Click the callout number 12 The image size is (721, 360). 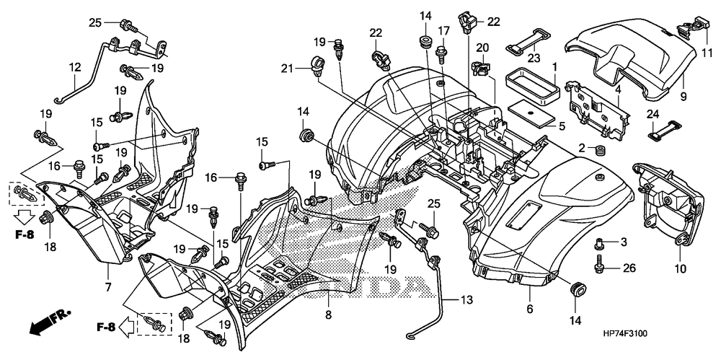pos(74,67)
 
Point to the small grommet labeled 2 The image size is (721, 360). pos(598,151)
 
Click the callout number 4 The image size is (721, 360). pos(618,90)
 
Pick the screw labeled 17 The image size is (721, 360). pos(441,48)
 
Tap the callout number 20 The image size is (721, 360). pos(482,48)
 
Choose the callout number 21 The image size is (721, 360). pos(288,68)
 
